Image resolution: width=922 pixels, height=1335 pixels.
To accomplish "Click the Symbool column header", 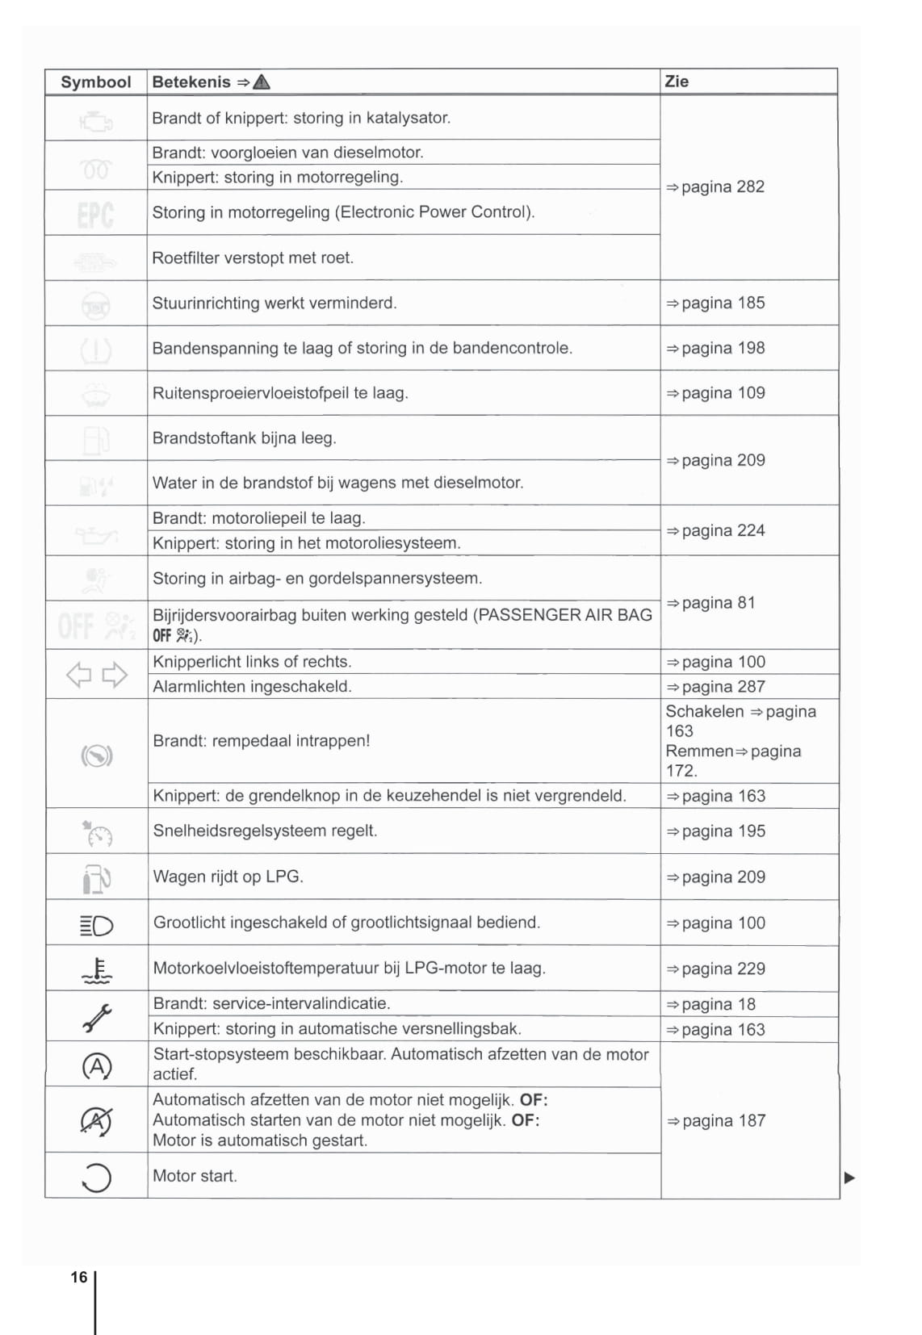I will (x=95, y=82).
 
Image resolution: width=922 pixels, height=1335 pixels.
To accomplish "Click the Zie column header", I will (x=677, y=82).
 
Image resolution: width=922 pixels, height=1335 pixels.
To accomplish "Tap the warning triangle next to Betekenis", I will (x=262, y=82).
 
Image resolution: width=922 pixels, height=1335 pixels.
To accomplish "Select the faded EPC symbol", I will (x=95, y=214).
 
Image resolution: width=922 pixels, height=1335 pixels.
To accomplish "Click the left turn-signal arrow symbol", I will (x=78, y=675).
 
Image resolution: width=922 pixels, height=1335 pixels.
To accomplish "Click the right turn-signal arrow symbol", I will (x=115, y=675).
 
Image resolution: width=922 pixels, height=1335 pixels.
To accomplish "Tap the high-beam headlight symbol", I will (x=97, y=925).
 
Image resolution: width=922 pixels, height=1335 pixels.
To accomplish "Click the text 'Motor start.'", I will (x=195, y=1177).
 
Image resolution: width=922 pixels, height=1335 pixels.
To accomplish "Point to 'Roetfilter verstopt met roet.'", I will (x=253, y=258).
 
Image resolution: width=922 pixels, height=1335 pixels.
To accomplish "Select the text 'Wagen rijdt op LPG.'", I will (x=228, y=877).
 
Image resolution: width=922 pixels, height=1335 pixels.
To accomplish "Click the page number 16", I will (x=78, y=1278).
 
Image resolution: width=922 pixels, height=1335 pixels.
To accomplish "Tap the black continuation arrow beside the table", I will (x=849, y=1178).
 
